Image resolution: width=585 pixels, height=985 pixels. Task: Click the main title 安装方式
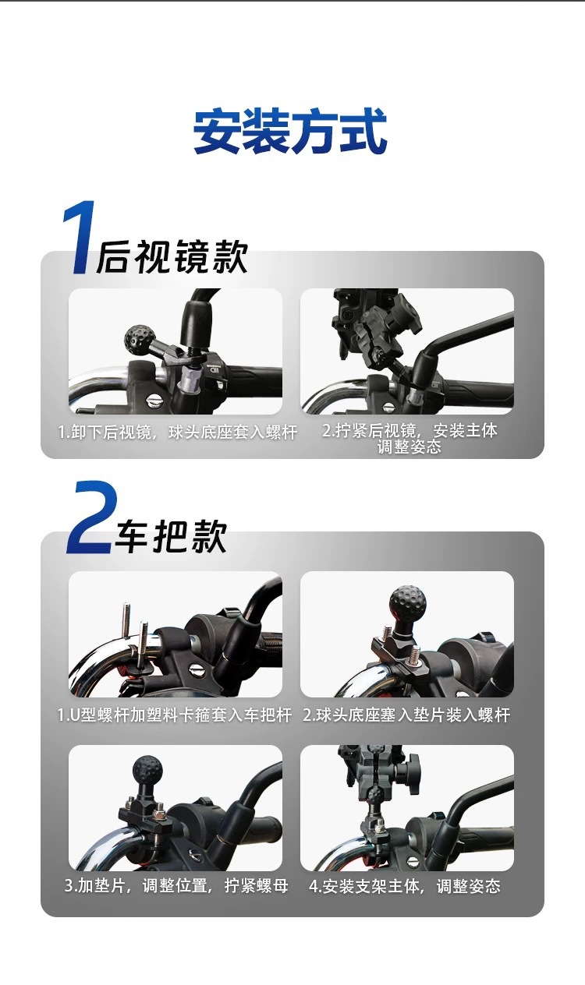pyautogui.click(x=290, y=132)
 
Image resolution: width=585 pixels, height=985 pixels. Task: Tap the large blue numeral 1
pyautogui.click(x=80, y=238)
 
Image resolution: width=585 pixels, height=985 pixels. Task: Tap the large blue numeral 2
pyautogui.click(x=92, y=517)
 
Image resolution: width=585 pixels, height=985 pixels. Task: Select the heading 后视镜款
pyautogui.click(x=172, y=257)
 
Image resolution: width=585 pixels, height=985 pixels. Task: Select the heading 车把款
pyautogui.click(x=170, y=536)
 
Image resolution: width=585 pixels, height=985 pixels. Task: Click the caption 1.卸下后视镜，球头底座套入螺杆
pyautogui.click(x=178, y=432)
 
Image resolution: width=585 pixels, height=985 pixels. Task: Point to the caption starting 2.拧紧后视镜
pyautogui.click(x=409, y=439)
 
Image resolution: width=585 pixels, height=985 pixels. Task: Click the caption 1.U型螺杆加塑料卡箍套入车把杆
pyautogui.click(x=175, y=715)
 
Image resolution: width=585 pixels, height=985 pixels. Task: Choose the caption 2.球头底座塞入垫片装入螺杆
pyautogui.click(x=406, y=715)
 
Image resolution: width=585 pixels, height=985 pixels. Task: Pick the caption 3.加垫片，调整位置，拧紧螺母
pyautogui.click(x=176, y=885)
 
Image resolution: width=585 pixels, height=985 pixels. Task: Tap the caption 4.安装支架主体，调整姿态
pyautogui.click(x=405, y=886)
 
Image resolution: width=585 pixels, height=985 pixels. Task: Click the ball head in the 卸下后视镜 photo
pyautogui.click(x=138, y=337)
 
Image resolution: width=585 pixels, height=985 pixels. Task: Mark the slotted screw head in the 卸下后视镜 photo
pyautogui.click(x=154, y=401)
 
